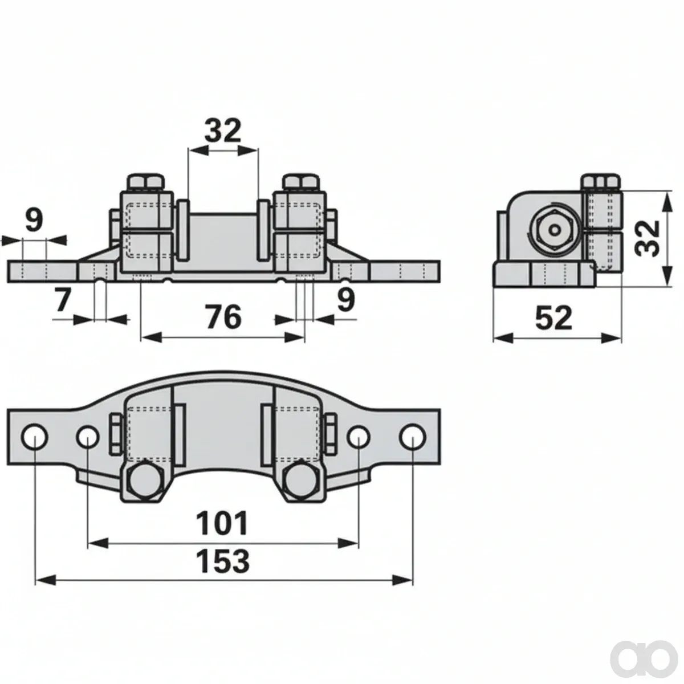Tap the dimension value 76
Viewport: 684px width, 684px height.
point(224,317)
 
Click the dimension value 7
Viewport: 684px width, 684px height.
point(63,300)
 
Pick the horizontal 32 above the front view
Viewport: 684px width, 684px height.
point(223,131)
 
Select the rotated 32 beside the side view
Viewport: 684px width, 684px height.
point(647,238)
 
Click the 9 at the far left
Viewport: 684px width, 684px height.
point(34,219)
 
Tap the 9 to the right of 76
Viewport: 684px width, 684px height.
point(346,300)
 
